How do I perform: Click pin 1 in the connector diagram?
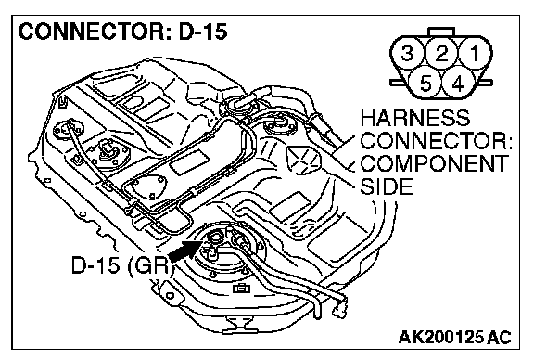tap(475, 53)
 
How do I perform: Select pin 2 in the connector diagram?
tap(441, 53)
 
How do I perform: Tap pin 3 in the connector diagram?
tap(408, 53)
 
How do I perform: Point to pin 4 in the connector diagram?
tap(458, 83)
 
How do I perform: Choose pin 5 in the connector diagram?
tap(425, 83)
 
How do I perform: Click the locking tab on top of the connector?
tap(441, 32)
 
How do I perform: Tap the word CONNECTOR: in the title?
tap(95, 32)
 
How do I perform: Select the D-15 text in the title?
tap(202, 32)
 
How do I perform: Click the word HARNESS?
tap(415, 118)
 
